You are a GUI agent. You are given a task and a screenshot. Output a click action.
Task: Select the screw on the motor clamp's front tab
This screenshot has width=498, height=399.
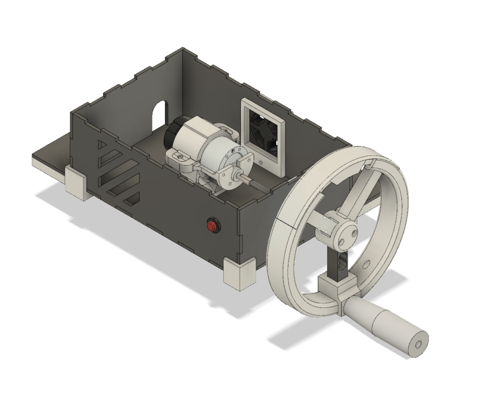pos(180,157)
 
